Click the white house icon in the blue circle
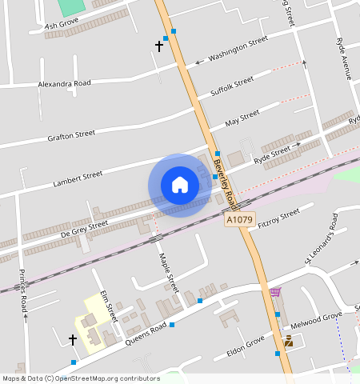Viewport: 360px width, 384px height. [180, 185]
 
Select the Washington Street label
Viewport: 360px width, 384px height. [238, 49]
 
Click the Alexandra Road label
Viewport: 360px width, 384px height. [65, 83]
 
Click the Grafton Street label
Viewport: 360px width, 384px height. [71, 135]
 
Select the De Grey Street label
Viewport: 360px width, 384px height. [84, 228]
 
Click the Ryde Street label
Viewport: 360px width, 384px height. [272, 154]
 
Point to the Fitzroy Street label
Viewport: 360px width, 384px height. [279, 217]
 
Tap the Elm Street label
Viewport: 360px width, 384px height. [109, 307]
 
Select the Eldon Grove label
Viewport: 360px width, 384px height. [246, 346]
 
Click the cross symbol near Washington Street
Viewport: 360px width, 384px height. [158, 46]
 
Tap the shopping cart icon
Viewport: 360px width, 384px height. [275, 293]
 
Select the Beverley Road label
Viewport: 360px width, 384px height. [226, 181]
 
